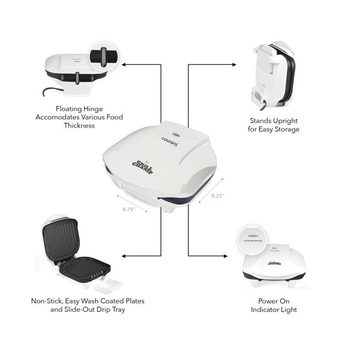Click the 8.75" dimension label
point(128,209)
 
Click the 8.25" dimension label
point(217,196)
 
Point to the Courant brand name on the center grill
point(170,142)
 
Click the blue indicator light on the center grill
point(176,135)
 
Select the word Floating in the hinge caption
point(68,109)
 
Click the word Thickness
point(79,125)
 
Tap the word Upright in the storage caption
point(286,121)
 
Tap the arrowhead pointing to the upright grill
point(234,65)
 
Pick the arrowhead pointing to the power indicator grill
point(226,256)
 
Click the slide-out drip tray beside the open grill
point(107,285)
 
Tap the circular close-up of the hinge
point(104,57)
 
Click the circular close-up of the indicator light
point(253,240)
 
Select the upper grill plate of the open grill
point(61,239)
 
